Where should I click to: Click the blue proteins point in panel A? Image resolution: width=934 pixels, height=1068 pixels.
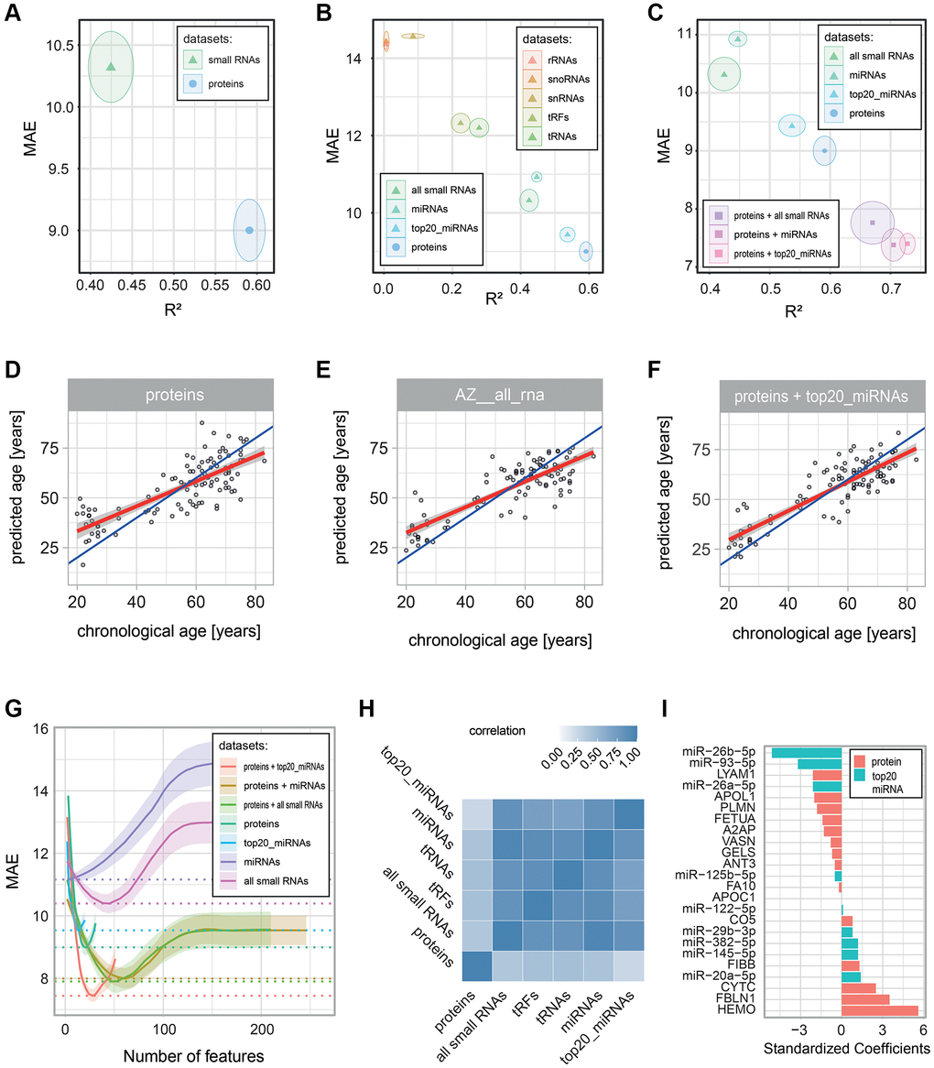tap(249, 230)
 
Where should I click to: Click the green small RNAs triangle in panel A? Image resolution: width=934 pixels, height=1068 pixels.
tap(111, 67)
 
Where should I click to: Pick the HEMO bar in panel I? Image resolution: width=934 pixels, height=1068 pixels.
tap(880, 1009)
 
